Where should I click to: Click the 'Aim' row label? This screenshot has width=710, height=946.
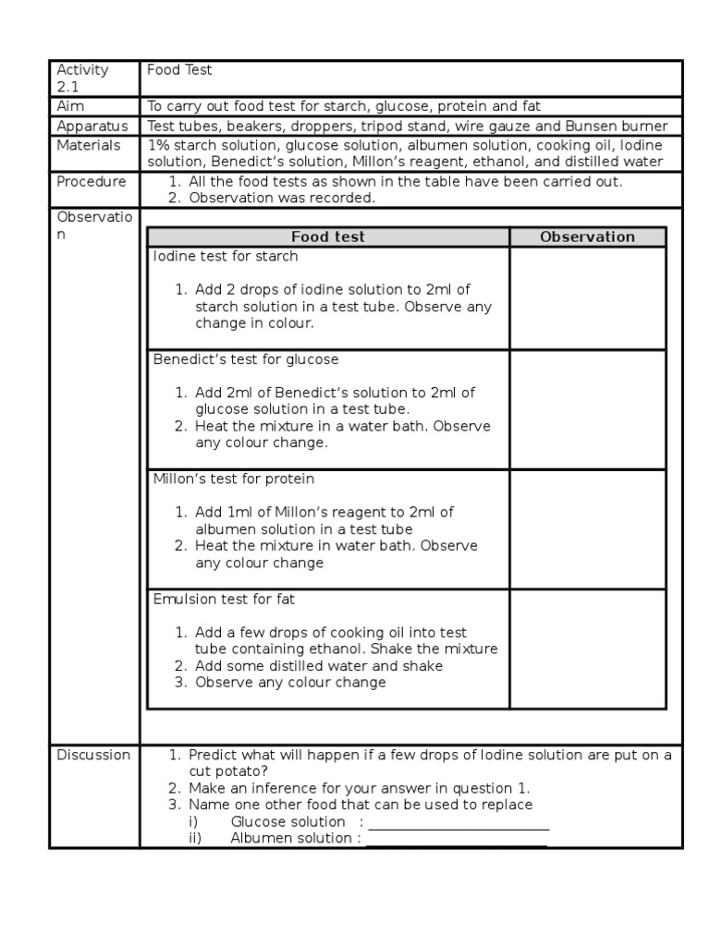point(70,107)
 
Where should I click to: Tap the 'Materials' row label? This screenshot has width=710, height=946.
point(89,145)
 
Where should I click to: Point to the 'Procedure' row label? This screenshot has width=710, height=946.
point(92,181)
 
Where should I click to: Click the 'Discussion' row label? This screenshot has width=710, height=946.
point(93,755)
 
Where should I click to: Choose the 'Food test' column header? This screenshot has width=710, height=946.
point(327,236)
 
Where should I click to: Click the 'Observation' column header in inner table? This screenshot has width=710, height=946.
point(587,236)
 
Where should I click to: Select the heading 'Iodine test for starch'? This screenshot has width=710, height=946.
point(226,256)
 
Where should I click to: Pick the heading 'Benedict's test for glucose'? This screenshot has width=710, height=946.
point(246,358)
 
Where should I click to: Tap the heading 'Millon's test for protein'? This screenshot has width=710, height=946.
point(234,479)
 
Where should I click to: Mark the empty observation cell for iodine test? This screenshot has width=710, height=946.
point(587,298)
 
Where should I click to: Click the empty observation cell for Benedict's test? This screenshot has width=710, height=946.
point(587,409)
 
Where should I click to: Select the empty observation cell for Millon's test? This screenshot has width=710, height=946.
point(587,529)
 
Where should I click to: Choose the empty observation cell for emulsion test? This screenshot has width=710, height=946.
point(587,649)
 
